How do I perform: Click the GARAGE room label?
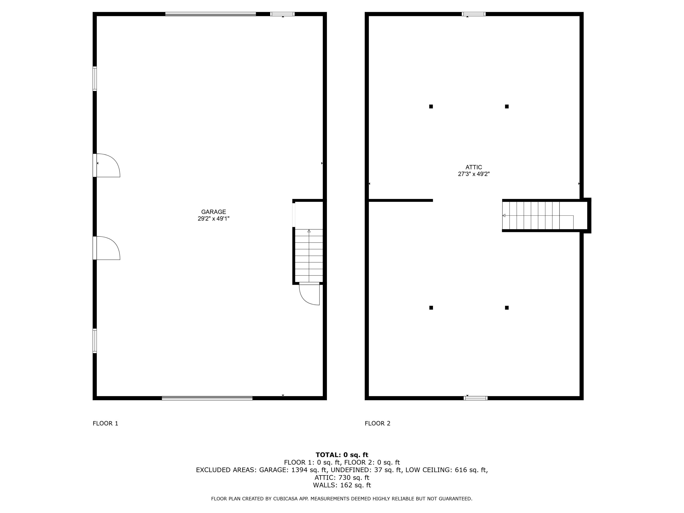213,212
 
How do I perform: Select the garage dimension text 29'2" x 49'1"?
213,219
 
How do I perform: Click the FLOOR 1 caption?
105,423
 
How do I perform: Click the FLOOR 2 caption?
377,423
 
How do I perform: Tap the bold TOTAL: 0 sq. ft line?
342,455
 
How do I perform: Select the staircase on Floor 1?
309,255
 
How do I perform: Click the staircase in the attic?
538,215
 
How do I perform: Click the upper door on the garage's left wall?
107,166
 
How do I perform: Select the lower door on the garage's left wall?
107,248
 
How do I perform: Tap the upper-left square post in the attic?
431,106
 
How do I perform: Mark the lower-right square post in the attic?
507,308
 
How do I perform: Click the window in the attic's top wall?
473,14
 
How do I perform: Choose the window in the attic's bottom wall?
475,398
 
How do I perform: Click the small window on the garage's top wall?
282,14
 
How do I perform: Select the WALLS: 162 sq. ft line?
342,485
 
